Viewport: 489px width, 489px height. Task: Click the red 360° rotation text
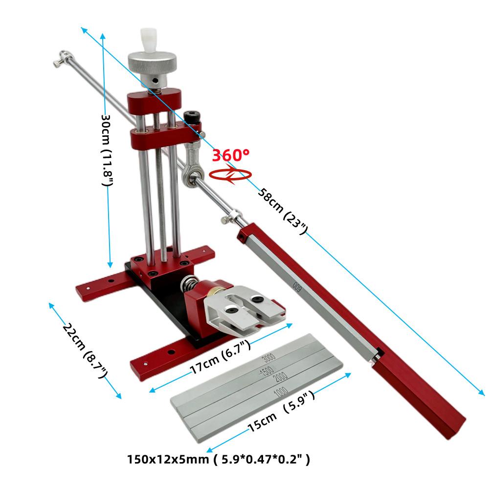pyautogui.click(x=230, y=156)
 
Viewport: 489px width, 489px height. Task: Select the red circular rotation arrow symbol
pyautogui.click(x=230, y=175)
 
